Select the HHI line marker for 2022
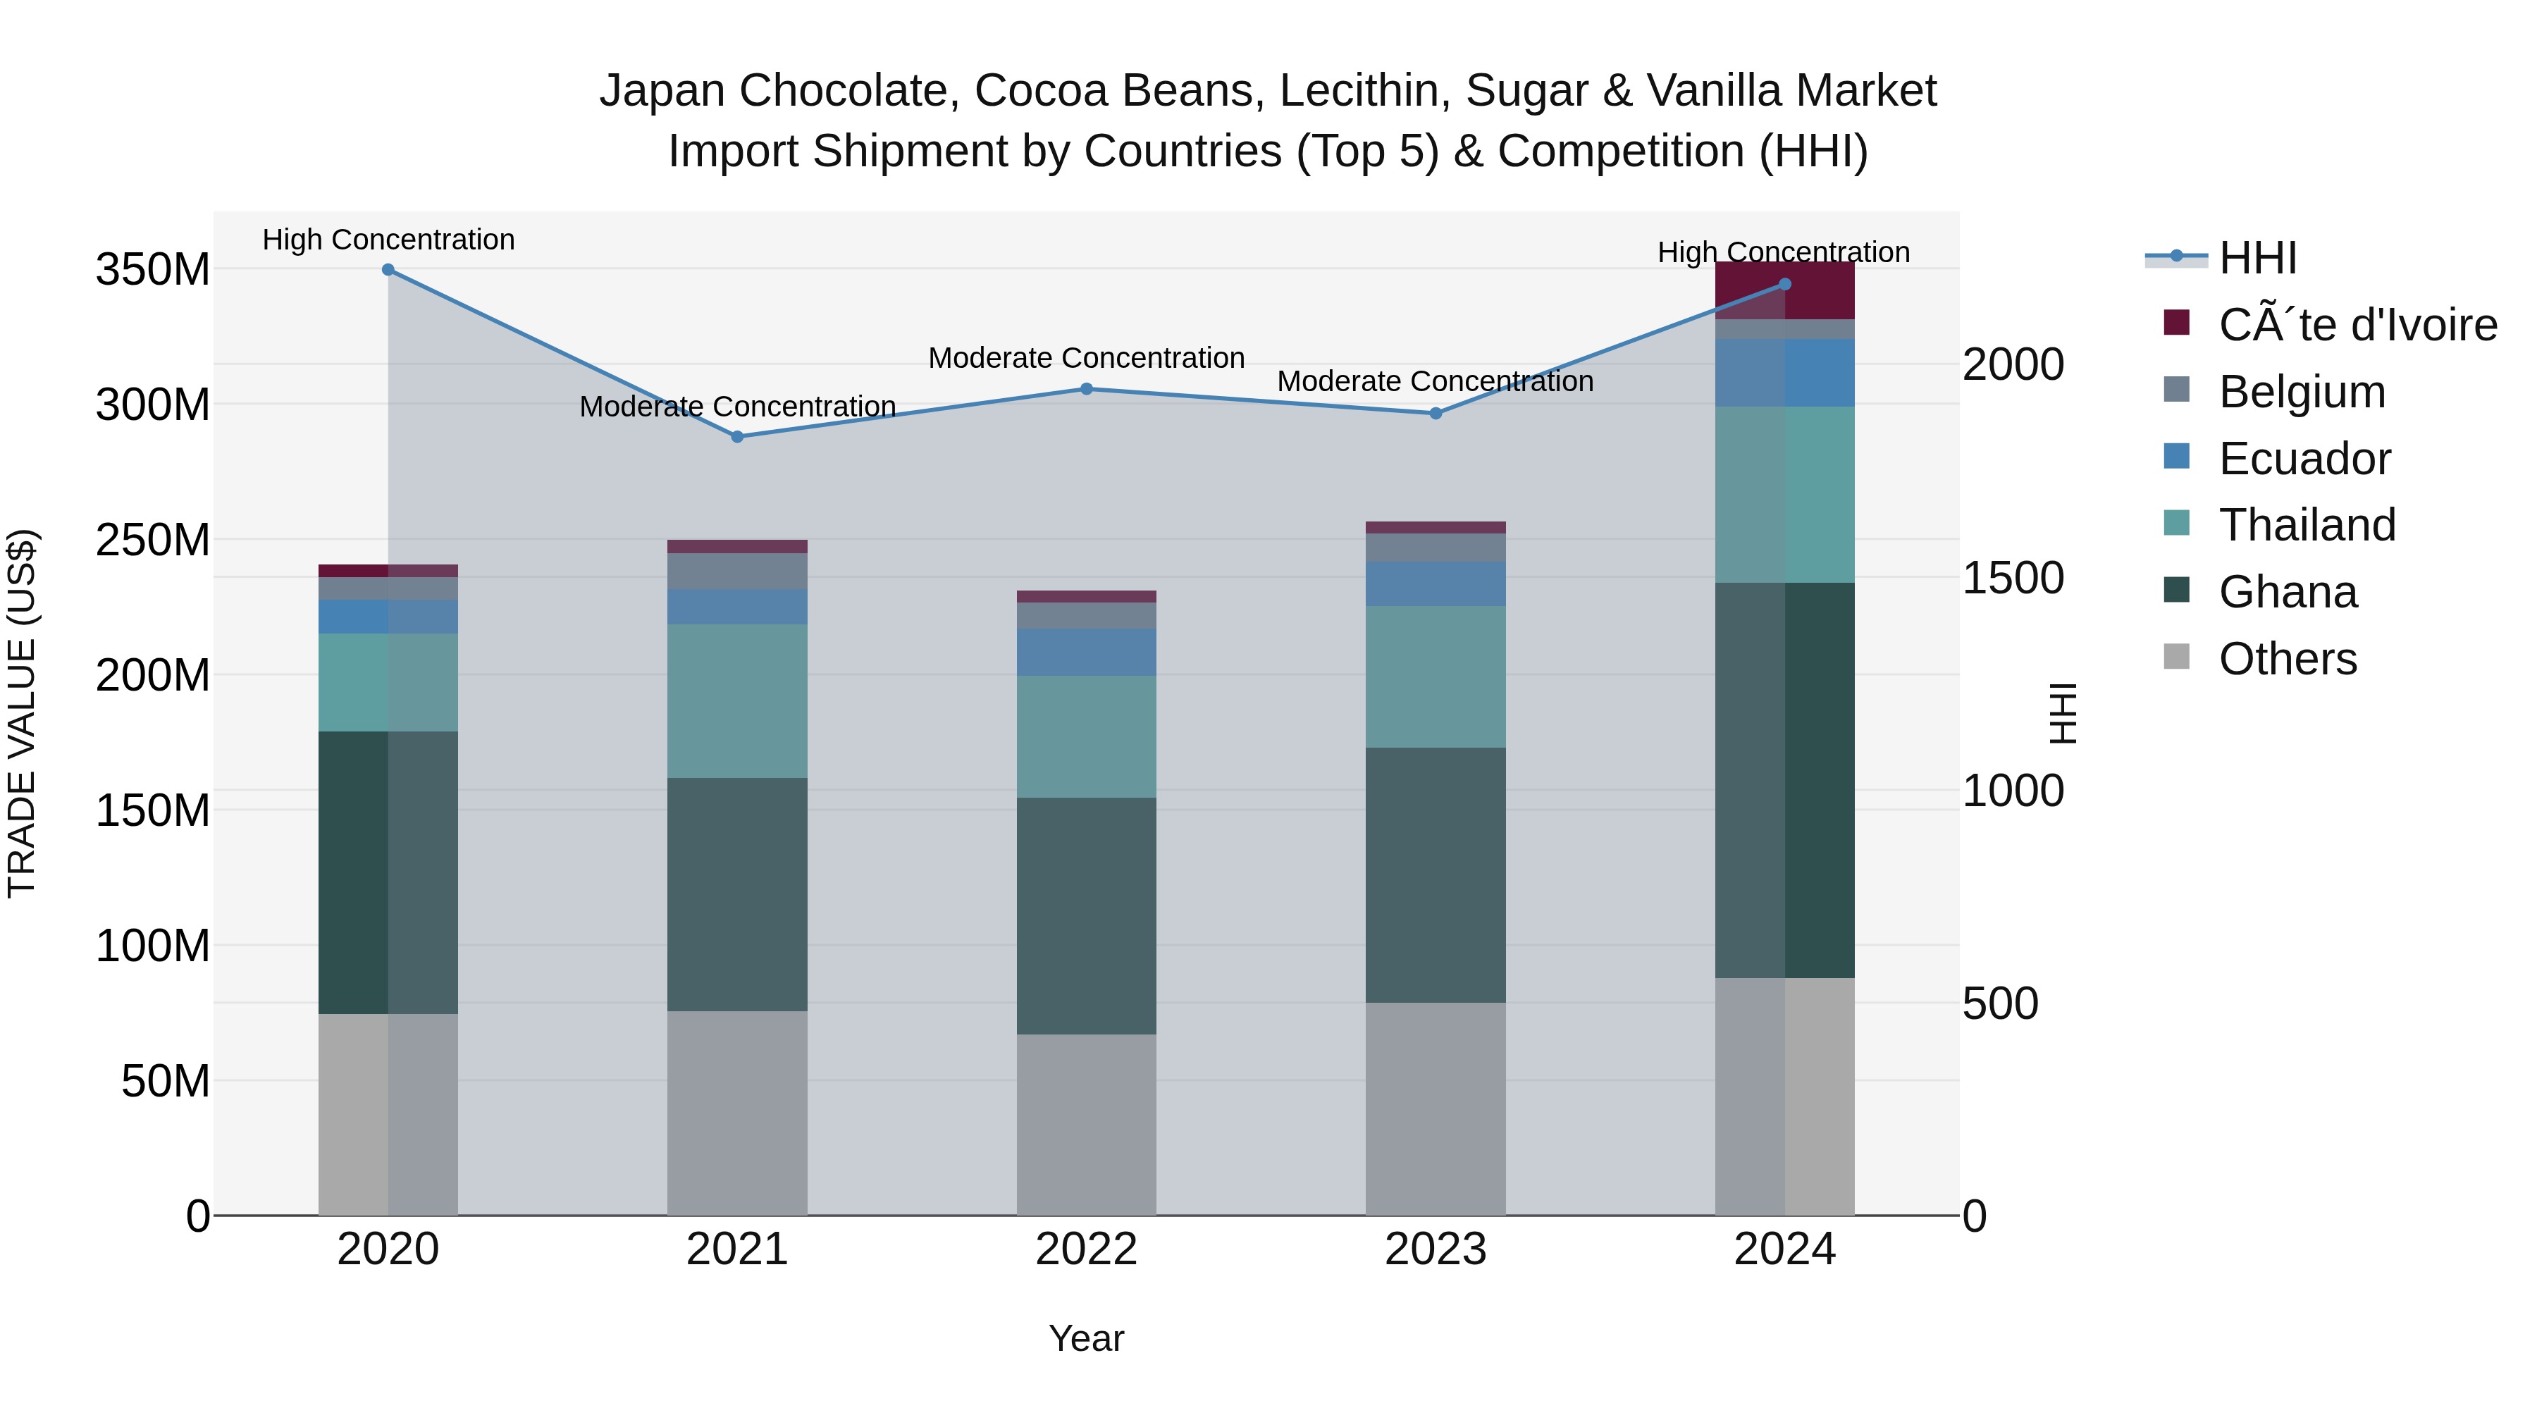coord(1086,389)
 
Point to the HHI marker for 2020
coord(388,270)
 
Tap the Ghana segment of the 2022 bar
coord(1086,916)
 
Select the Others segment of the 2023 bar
coord(1435,1109)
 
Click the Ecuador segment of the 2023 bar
coord(1435,584)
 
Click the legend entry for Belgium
coord(2302,392)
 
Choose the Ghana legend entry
coord(2287,592)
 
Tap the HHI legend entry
coord(2257,258)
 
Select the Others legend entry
coord(2287,659)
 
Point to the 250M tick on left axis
coord(153,540)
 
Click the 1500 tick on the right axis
coord(2012,578)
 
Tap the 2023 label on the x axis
coord(1435,1249)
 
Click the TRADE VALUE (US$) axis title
coord(22,713)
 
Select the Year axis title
coord(1085,1338)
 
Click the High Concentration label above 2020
coord(388,240)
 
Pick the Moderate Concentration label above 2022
coord(1086,357)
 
